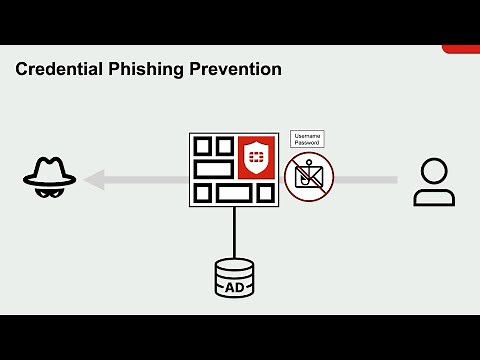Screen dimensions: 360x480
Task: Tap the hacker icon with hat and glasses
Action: [x=49, y=179]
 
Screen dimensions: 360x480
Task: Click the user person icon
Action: [x=434, y=181]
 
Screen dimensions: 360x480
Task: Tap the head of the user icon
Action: [x=434, y=169]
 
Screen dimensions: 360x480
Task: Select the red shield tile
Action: [x=255, y=158]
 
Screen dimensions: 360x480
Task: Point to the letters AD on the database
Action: [x=234, y=287]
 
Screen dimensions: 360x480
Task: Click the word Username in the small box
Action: [x=308, y=136]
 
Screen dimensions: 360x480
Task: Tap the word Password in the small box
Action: [x=308, y=143]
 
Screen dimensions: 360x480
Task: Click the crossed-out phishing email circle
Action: [x=308, y=178]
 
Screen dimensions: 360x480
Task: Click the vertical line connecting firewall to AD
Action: [x=234, y=232]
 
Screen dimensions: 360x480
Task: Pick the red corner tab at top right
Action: [x=461, y=48]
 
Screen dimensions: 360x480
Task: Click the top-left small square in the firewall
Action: [x=202, y=146]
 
